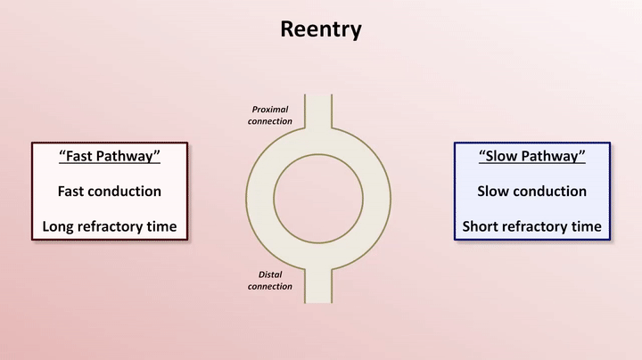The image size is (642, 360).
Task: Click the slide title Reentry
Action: [x=321, y=29]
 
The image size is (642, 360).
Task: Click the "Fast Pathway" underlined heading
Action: [x=109, y=156]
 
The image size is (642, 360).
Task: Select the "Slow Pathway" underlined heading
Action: [x=531, y=156]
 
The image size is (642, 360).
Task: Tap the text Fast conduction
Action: [x=109, y=191]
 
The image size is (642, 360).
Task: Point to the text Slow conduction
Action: [x=531, y=191]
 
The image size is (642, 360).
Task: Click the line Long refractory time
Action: [x=109, y=226]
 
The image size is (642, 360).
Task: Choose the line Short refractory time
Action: [x=531, y=226]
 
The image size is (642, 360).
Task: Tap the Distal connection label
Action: [x=269, y=280]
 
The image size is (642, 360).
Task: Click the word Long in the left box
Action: [x=60, y=226]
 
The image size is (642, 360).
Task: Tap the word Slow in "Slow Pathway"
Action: [x=503, y=156]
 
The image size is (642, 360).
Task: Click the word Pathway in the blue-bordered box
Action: [x=552, y=156]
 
